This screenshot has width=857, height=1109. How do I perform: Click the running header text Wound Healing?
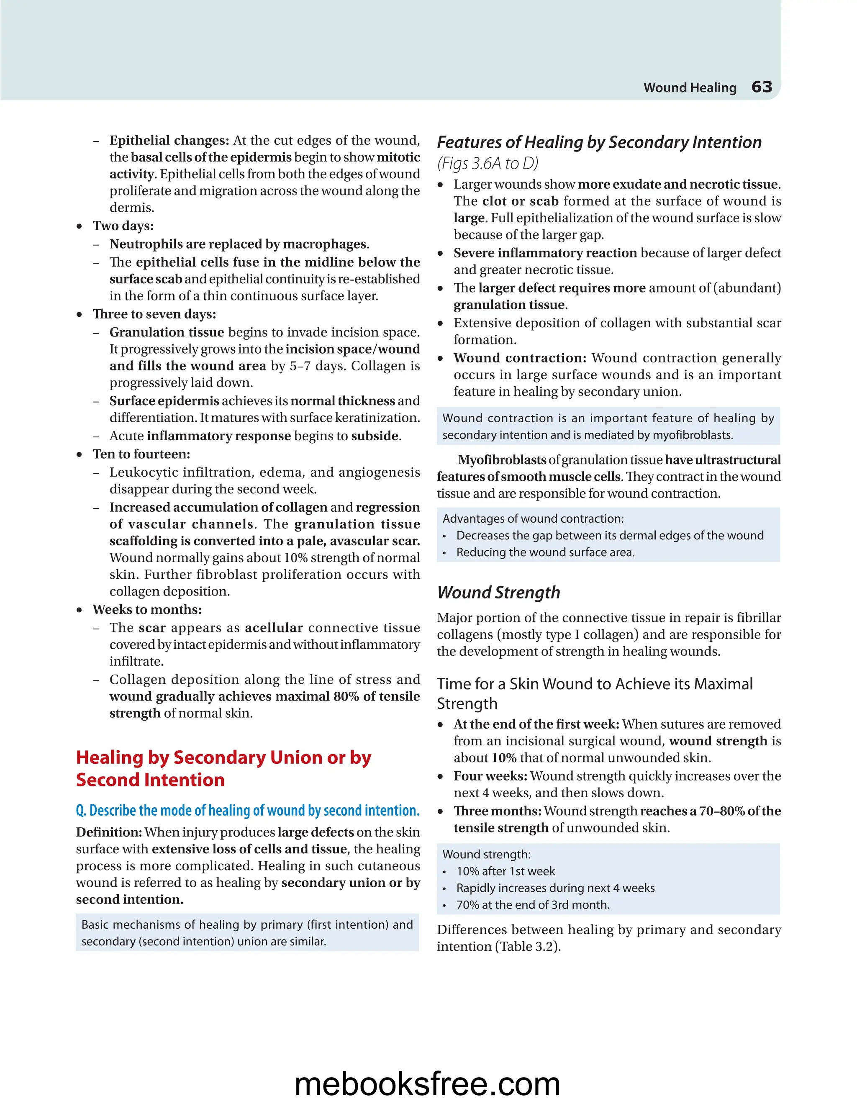coord(690,88)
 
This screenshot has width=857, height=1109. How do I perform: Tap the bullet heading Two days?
coord(123,226)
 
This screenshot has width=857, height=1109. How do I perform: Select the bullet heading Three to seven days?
coord(154,314)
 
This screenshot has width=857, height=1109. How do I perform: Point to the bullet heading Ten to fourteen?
coord(141,454)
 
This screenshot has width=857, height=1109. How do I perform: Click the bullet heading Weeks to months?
coord(147,609)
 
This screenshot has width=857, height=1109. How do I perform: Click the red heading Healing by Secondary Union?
coord(223,757)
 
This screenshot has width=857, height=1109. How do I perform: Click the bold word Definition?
coord(109,832)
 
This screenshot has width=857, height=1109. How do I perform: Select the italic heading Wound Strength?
coord(498,592)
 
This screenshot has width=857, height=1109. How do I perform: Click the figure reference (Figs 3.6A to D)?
coord(488,164)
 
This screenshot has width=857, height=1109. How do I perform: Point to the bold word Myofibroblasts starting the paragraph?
coord(502,460)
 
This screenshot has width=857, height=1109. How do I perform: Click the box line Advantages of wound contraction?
coord(533,519)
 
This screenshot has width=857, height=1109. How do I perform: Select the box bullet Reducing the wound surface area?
coord(545,552)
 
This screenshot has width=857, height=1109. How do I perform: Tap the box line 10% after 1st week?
coord(505,871)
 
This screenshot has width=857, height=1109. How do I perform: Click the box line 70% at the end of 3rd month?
coord(533,905)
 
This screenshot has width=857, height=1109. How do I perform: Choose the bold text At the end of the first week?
coord(536,724)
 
